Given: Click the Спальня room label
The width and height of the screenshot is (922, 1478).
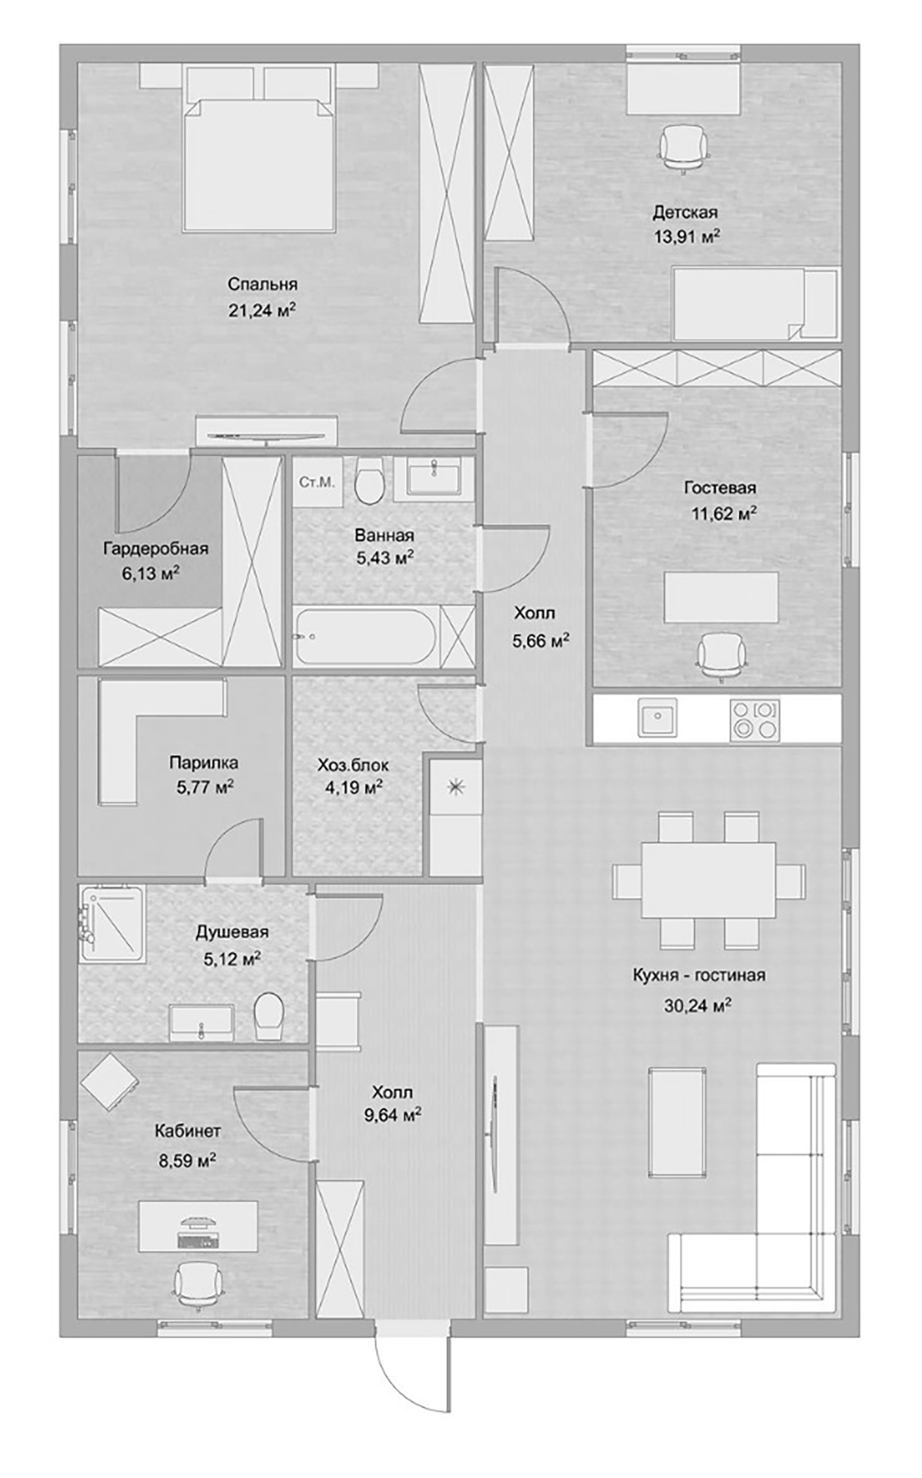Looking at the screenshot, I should coord(262,284).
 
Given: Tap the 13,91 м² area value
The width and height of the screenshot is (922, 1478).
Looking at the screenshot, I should coord(686,237).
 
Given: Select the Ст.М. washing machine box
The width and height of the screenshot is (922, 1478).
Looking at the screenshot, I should coord(317,481).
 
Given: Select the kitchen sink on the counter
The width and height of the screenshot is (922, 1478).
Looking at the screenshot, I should coord(657,719).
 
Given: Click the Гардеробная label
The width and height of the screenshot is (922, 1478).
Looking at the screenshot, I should coord(156,549).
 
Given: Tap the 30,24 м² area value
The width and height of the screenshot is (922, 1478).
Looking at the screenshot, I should coord(697,1006).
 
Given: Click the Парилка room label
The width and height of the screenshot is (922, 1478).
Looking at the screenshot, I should coord(203,763).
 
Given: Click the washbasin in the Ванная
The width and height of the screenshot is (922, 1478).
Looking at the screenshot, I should coord(427,479).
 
